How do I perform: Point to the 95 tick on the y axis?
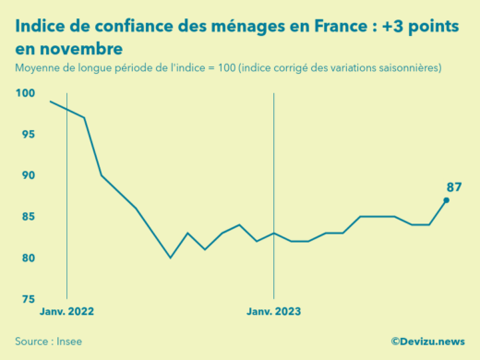point(28,135)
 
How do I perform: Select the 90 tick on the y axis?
point(28,175)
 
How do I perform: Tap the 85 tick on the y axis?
point(28,217)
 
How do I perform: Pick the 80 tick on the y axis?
point(28,258)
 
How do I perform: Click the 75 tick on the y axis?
point(28,299)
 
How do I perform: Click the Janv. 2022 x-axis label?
point(66,312)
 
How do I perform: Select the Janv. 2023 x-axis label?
point(273,312)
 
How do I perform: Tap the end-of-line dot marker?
point(446,200)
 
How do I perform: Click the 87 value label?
point(453,187)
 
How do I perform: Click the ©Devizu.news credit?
point(427,342)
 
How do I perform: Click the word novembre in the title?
point(78,48)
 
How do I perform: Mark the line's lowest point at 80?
point(170,258)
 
